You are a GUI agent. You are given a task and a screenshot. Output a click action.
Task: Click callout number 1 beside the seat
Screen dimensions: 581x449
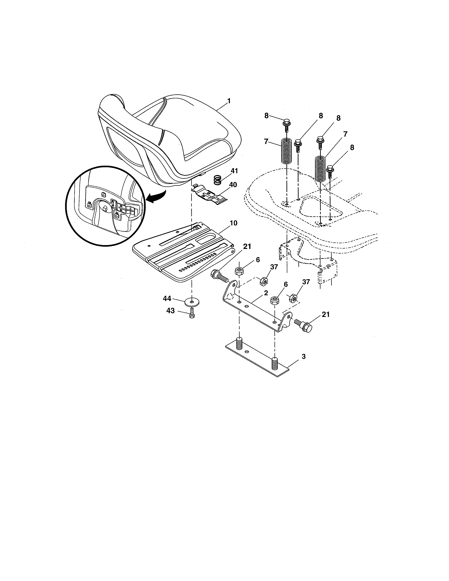point(229,101)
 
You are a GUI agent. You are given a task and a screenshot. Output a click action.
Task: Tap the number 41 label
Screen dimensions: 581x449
point(234,171)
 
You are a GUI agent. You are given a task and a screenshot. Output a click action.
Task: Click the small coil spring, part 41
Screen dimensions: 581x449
point(218,180)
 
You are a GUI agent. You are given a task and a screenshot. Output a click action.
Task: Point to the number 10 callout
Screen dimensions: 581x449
point(233,223)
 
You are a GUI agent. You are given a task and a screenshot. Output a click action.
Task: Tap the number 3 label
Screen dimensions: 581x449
point(304,357)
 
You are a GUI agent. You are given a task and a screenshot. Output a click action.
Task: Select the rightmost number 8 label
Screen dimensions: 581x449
point(352,148)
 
